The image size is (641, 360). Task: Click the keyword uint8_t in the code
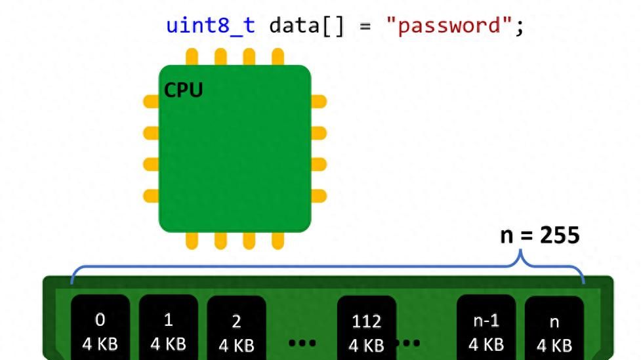(210, 26)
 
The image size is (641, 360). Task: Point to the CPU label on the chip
(183, 89)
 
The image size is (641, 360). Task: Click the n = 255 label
(540, 235)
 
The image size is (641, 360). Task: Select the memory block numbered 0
(100, 330)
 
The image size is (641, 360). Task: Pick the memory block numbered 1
(169, 330)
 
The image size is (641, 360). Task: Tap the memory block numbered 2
(237, 331)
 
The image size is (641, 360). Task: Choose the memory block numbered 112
(366, 331)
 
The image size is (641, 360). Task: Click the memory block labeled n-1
(486, 330)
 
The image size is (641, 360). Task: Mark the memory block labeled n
(554, 332)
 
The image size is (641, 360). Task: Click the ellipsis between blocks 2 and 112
(302, 343)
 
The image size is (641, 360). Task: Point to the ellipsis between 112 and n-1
(407, 343)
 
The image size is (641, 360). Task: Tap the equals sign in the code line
(365, 27)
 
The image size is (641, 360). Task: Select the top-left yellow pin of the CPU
(192, 57)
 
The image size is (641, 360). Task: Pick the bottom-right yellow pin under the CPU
(278, 240)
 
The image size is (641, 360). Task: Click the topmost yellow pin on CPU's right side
(318, 102)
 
